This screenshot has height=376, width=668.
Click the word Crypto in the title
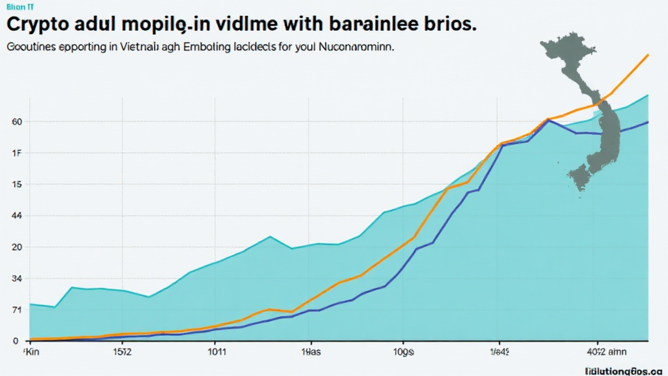pos(41,24)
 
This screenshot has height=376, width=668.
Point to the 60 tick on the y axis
pos(17,122)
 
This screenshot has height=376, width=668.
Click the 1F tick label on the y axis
pos(17,153)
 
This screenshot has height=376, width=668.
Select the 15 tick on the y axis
pos(17,185)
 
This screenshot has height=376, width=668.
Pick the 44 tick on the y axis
pos(17,216)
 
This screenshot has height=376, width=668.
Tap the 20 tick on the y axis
pos(17,247)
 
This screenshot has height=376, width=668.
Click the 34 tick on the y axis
pos(17,279)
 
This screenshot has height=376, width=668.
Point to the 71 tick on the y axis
pos(17,310)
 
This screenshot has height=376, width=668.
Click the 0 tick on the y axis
pos(15,341)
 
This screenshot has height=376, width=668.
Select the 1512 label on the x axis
pos(122,352)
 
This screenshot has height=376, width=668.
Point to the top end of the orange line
pos(647,55)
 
